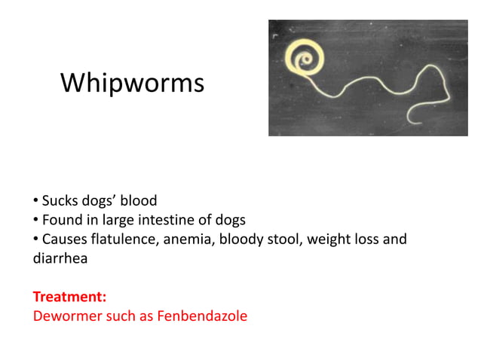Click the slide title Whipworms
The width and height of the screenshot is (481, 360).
(x=132, y=83)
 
